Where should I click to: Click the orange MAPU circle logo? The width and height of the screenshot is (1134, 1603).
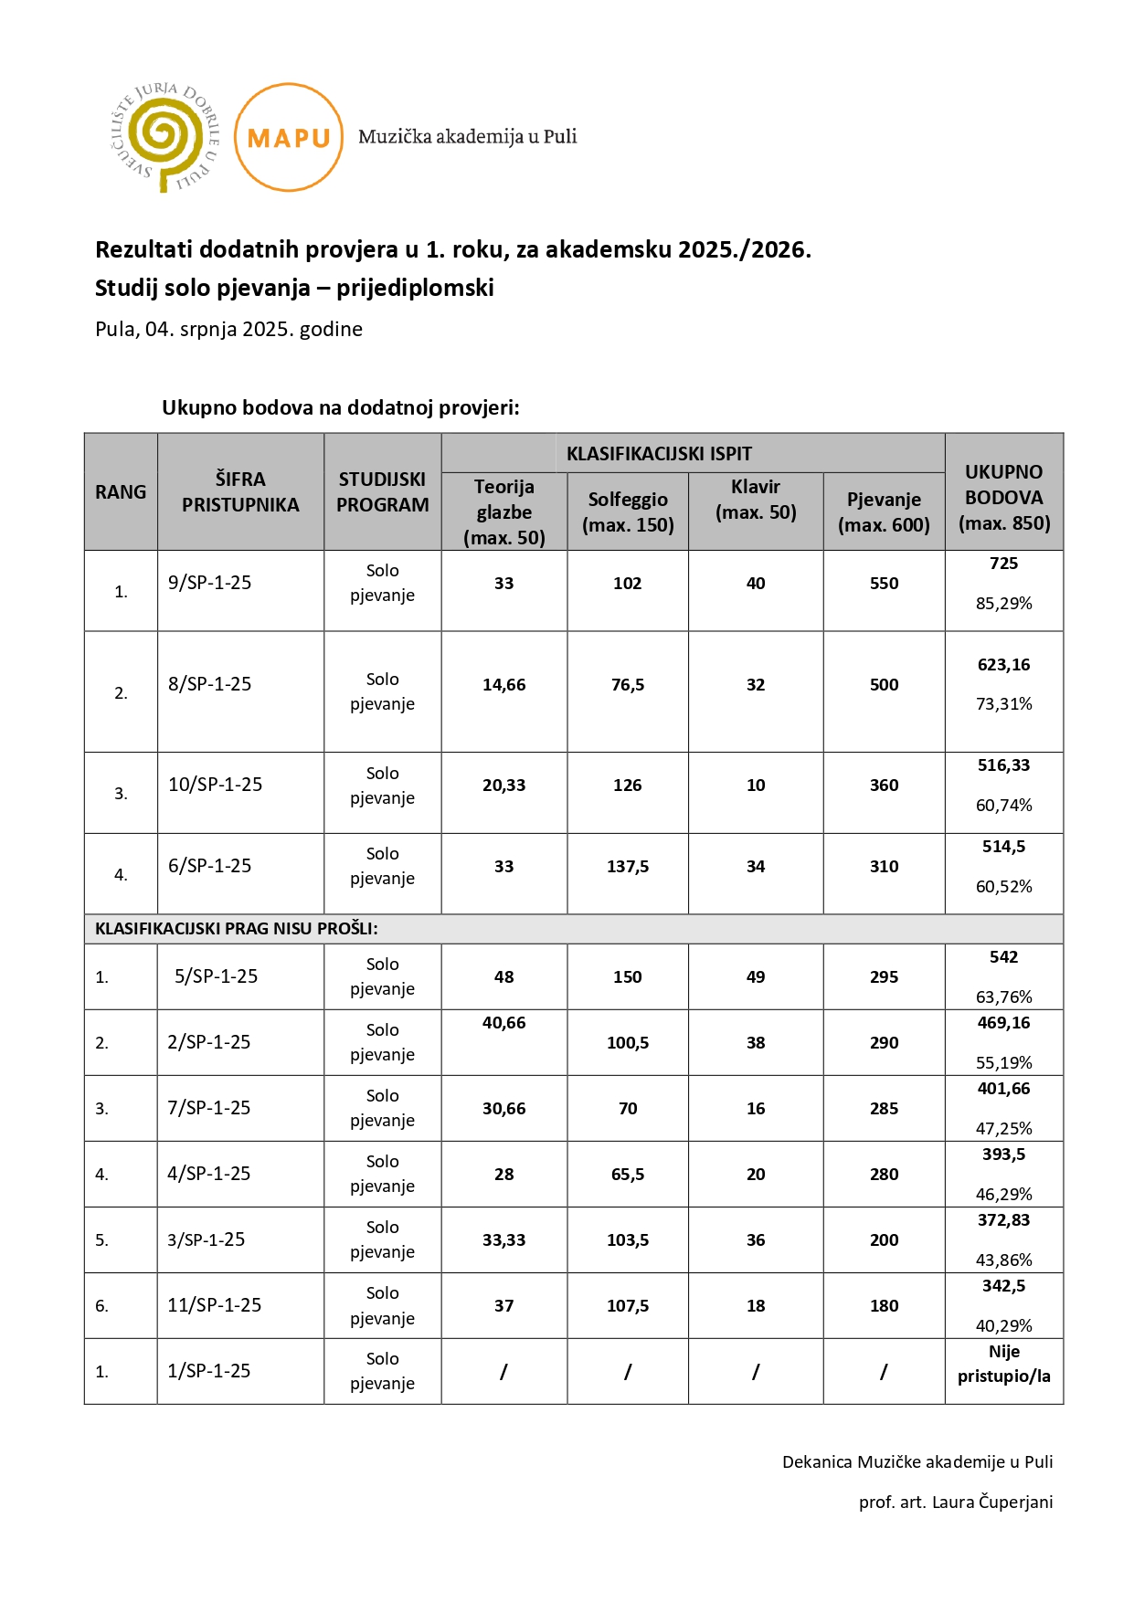coord(289,137)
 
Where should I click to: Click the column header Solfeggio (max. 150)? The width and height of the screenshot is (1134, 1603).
coord(628,512)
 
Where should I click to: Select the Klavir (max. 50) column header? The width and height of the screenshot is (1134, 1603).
coord(756,500)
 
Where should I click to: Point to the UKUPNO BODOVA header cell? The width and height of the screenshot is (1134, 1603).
coord(1003,498)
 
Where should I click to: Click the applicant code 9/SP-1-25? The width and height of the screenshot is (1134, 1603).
coord(209,583)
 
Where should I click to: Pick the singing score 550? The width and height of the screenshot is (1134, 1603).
coord(884,584)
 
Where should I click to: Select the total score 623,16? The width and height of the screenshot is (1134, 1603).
coord(1003,665)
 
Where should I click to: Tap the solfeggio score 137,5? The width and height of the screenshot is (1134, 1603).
coord(628,867)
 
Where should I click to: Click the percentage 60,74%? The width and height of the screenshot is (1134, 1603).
coord(1003,806)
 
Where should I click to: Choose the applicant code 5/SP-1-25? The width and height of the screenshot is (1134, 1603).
coord(216,976)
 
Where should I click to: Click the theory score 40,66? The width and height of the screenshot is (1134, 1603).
coord(504,1023)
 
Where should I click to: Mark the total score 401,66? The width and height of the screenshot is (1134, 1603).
coord(1003,1089)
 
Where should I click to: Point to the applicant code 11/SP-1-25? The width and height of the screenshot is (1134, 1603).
coord(214,1305)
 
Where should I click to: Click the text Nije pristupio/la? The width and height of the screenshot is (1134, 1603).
coord(1003,1364)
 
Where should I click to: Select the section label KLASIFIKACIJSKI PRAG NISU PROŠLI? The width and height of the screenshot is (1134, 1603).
coord(237,929)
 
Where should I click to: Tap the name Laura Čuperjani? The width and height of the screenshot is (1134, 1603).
coord(992,1503)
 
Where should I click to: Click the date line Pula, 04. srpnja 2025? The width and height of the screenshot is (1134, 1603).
coord(228,329)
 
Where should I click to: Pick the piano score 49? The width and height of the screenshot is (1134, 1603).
coord(756,977)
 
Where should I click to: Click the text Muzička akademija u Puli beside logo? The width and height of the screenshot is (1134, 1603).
coord(467,137)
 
